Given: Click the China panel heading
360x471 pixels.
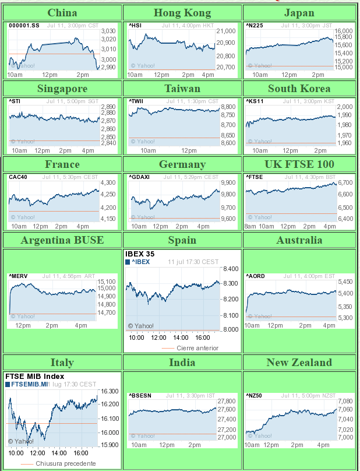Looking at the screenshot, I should [62, 13].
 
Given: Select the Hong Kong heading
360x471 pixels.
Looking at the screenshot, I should [181, 13].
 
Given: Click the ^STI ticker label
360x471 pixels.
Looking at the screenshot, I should [15, 101].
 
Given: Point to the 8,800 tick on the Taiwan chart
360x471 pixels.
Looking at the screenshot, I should [228, 107].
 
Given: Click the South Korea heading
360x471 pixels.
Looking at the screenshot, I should [299, 89].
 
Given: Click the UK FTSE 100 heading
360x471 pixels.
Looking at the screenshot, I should [299, 164].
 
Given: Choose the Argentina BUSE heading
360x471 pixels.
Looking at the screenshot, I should [62, 240].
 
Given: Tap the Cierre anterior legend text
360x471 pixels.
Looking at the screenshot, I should [197, 348].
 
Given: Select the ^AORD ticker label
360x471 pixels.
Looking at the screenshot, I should [256, 276].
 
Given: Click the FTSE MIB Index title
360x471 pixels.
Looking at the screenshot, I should [35, 377].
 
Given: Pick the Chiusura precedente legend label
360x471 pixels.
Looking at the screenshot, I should [65, 463].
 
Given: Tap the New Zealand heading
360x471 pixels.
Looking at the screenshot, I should [299, 363].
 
